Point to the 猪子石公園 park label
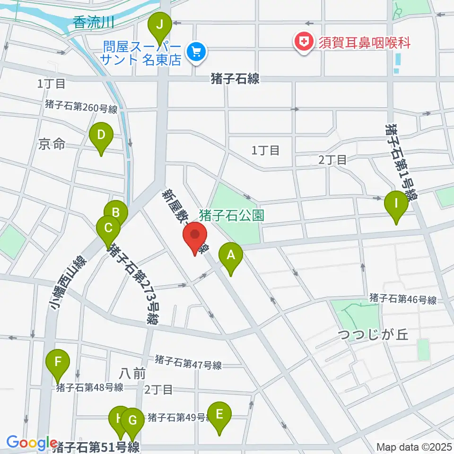[231, 216]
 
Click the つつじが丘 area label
[373, 336]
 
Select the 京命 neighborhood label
[52, 144]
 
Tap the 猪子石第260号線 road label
[81, 108]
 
